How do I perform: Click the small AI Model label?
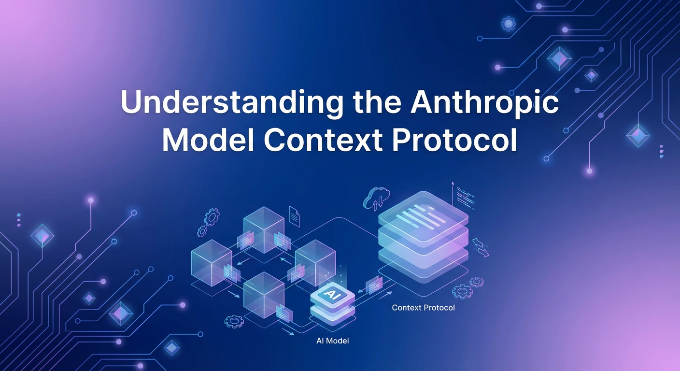tap(332, 341)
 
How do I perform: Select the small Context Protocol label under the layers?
tap(423, 307)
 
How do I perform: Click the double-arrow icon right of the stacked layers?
tap(481, 246)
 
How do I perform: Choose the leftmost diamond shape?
tap(42, 235)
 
